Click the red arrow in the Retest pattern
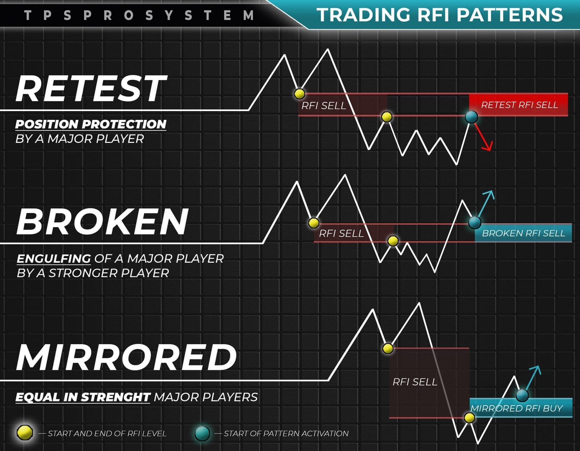(x=483, y=137)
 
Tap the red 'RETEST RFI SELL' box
(x=518, y=105)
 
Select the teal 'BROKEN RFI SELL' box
(x=524, y=233)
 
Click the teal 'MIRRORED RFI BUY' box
(x=521, y=408)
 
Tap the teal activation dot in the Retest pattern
(x=471, y=117)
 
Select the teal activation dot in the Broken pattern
(x=475, y=223)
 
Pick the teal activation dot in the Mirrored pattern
(x=522, y=395)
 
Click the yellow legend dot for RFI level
(x=25, y=433)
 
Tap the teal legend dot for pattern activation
(x=202, y=433)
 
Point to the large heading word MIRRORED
(x=126, y=357)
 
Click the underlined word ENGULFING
(x=53, y=258)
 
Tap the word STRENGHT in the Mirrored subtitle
(x=116, y=397)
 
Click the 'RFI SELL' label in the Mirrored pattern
(x=415, y=382)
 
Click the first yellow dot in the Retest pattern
(x=300, y=94)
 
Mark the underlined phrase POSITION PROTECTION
(x=91, y=124)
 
